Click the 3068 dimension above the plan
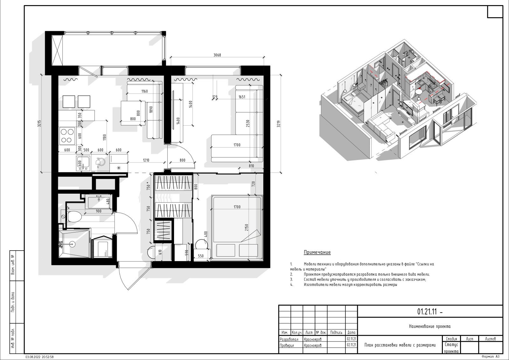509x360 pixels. (x=217, y=55)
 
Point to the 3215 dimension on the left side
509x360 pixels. (x=39, y=123)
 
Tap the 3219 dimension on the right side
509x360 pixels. (x=279, y=124)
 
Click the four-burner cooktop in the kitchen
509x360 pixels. (x=67, y=136)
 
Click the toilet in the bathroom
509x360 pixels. (x=74, y=217)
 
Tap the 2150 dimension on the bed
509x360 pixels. (x=247, y=228)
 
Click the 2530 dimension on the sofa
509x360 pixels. (x=248, y=123)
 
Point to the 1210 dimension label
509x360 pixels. (x=146, y=160)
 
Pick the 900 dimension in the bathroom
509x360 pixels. (x=99, y=211)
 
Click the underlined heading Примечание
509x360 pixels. (x=317, y=252)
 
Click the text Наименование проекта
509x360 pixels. (x=430, y=326)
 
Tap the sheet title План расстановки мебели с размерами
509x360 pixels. (x=400, y=345)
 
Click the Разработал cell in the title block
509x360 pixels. (x=289, y=339)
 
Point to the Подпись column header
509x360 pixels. (x=336, y=333)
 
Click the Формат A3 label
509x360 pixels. (x=490, y=357)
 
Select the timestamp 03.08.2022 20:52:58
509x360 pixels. (x=39, y=357)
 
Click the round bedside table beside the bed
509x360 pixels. (x=202, y=245)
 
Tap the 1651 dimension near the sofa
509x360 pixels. (x=242, y=97)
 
